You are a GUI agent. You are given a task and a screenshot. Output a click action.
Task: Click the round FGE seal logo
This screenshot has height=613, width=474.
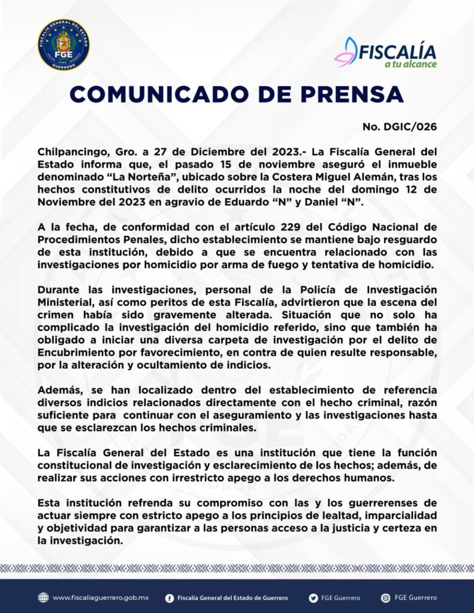point(64,44)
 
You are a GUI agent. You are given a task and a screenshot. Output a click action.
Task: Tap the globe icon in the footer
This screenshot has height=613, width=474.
point(43,597)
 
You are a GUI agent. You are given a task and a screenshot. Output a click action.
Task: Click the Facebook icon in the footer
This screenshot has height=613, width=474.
point(170,597)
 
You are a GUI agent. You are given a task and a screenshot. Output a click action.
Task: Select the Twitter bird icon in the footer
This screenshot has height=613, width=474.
point(313,597)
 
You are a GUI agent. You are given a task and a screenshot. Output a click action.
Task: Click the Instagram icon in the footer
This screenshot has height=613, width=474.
point(386,597)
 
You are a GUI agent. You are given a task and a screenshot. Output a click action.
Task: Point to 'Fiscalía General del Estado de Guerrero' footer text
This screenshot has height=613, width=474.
point(233,597)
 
